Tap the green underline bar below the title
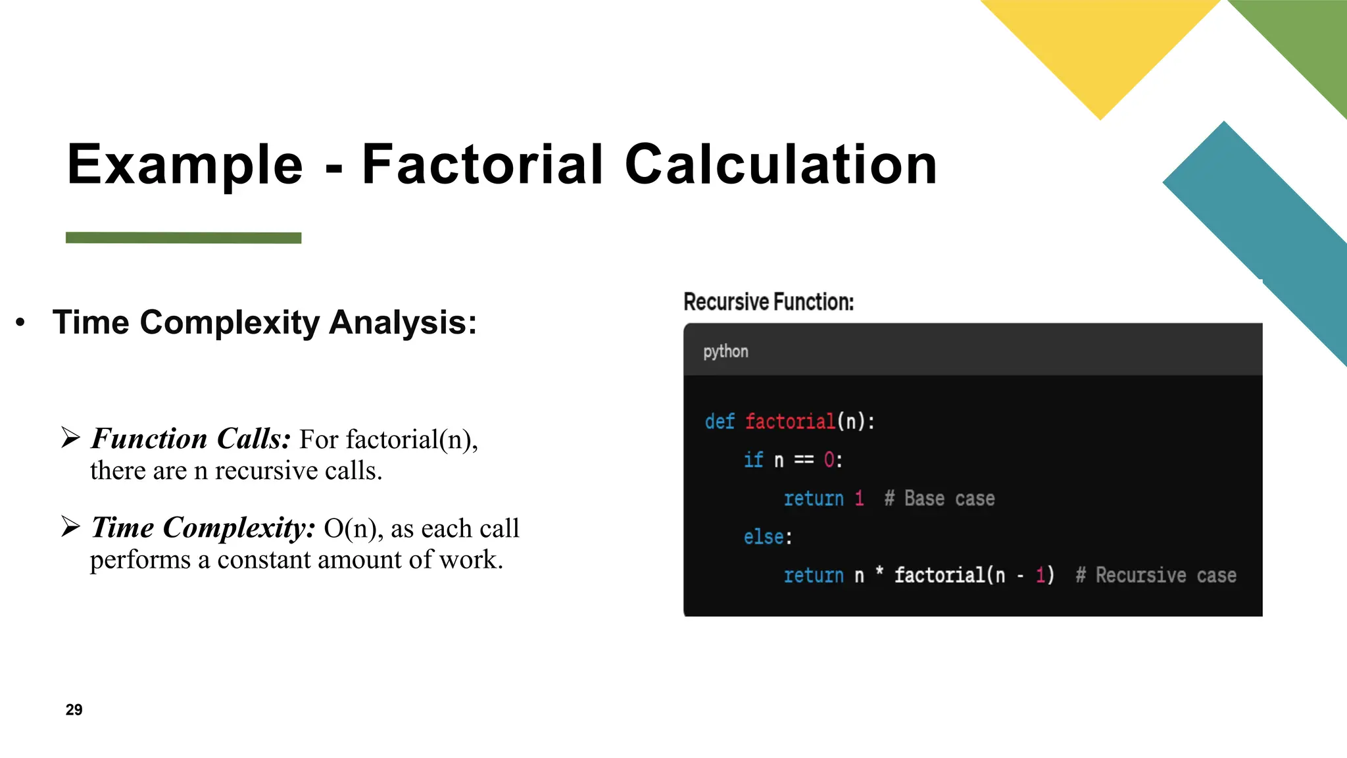click(184, 238)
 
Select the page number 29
click(74, 709)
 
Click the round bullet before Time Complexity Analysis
click(21, 322)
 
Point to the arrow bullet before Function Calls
click(70, 437)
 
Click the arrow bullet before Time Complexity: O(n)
click(70, 526)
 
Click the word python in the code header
click(725, 351)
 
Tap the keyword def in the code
click(720, 421)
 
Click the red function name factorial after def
click(790, 421)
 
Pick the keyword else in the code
click(763, 537)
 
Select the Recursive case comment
click(1156, 576)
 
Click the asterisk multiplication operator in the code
click(879, 573)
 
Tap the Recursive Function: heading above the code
click(768, 302)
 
